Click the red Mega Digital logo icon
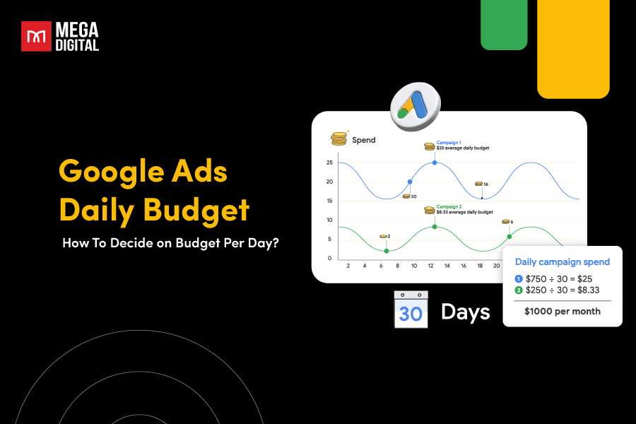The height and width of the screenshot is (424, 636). [35, 37]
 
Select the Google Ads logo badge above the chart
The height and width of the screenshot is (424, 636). [415, 107]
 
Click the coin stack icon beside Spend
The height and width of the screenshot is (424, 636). [340, 139]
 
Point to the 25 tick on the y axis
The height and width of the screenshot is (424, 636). [329, 163]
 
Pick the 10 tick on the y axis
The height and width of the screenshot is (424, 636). [329, 220]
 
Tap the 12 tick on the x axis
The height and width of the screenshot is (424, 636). [430, 266]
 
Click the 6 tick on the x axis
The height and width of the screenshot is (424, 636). [381, 266]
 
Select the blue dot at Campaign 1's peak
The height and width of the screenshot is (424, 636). [434, 163]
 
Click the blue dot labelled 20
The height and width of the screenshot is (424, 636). [409, 182]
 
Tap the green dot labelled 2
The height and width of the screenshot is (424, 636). [386, 251]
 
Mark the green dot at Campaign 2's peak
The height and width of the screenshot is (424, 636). [434, 227]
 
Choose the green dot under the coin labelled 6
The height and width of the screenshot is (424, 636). [509, 236]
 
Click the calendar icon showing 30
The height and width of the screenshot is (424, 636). [411, 309]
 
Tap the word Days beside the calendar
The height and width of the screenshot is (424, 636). [465, 312]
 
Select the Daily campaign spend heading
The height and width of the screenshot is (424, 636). [563, 262]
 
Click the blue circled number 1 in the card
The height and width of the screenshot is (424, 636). [519, 278]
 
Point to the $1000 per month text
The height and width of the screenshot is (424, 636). [563, 311]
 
